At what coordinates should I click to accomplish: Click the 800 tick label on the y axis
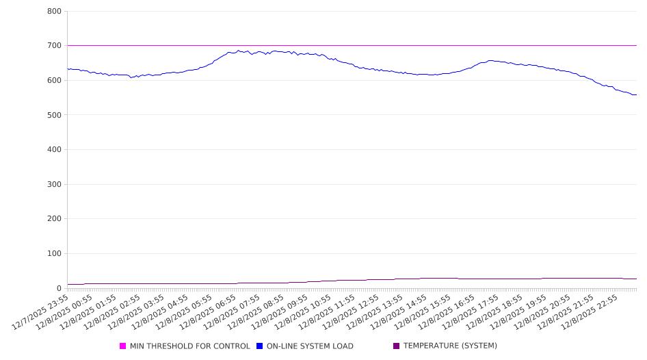[54, 12]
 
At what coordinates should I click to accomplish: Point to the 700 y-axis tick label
[54, 46]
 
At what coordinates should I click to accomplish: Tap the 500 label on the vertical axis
[54, 115]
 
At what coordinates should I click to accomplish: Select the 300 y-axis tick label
[54, 184]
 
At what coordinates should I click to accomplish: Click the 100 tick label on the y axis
[54, 254]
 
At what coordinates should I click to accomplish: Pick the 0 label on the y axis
[59, 288]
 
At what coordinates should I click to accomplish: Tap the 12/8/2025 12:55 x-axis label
[354, 311]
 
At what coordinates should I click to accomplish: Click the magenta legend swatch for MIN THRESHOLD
[123, 346]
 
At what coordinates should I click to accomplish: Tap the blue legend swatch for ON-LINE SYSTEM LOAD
[260, 346]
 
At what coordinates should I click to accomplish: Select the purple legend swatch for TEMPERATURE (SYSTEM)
[397, 346]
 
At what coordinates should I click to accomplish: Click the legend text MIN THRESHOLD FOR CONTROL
[189, 346]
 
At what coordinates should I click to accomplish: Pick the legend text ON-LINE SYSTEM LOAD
[310, 346]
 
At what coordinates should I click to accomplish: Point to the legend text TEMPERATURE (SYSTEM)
[450, 346]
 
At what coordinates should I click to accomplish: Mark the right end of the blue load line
[636, 94]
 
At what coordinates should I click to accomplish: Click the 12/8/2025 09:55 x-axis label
[282, 311]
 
